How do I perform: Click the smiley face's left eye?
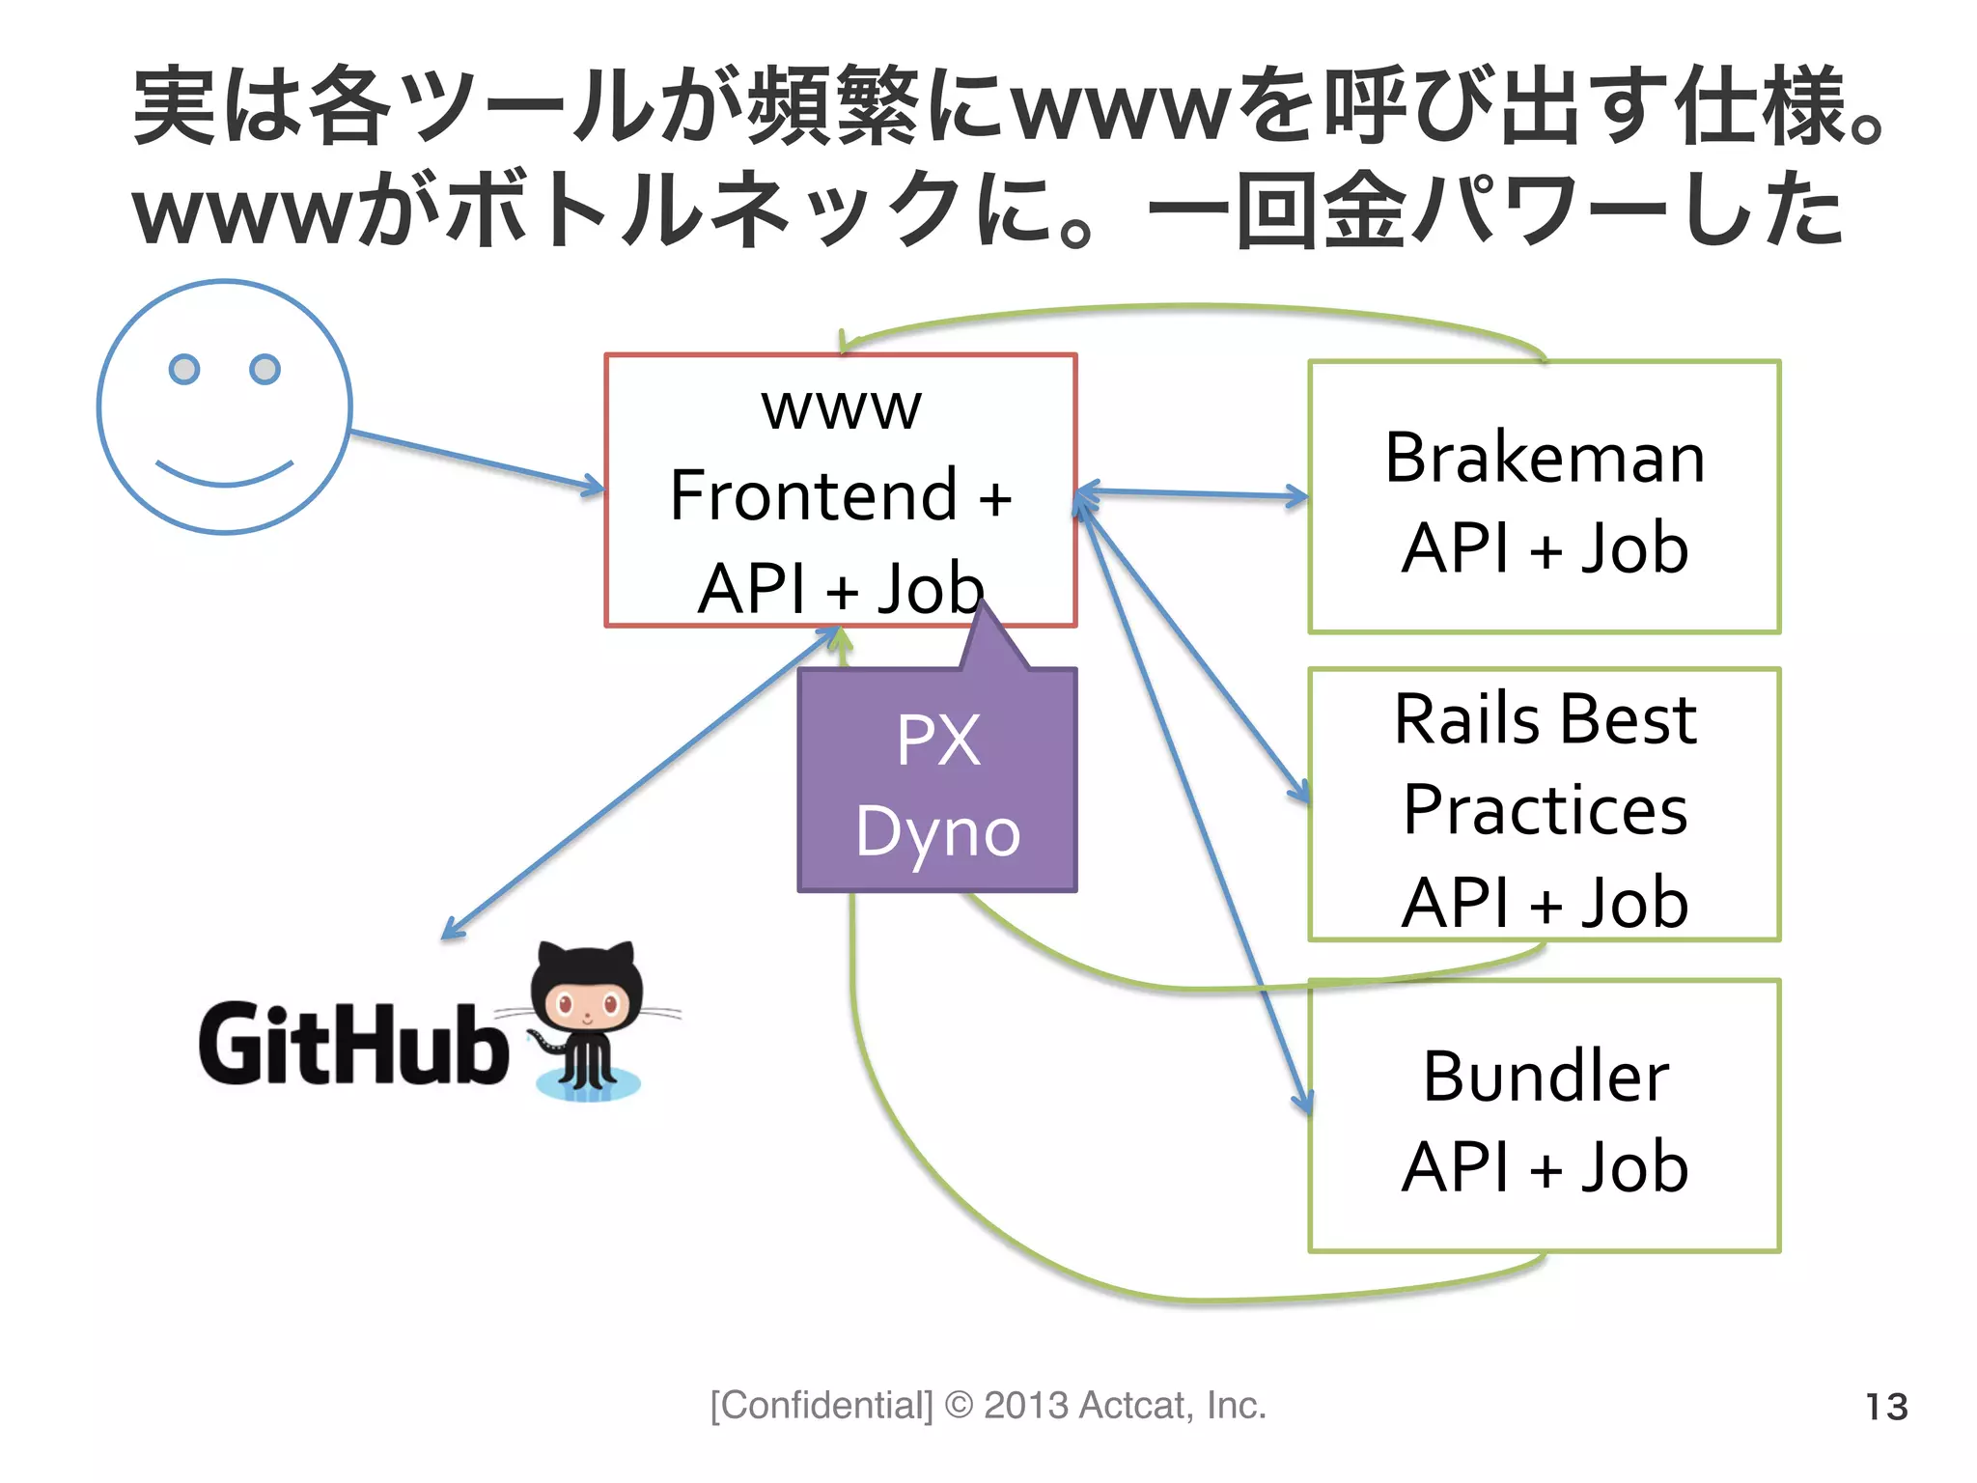tap(183, 369)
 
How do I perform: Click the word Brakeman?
tap(1545, 458)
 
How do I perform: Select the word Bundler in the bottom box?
tap(1545, 1077)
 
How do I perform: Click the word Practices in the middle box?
tap(1545, 810)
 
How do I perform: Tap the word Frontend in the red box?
tap(813, 496)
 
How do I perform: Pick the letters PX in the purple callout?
tap(937, 741)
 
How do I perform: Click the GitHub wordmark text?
tap(353, 1044)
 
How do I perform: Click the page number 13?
tap(1885, 1407)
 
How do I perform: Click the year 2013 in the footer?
tap(1025, 1406)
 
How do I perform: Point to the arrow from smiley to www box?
tap(473, 462)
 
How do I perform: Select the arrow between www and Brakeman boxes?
tap(1192, 494)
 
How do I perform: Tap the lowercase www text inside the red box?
tap(841, 408)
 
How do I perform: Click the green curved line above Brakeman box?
tap(1197, 308)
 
